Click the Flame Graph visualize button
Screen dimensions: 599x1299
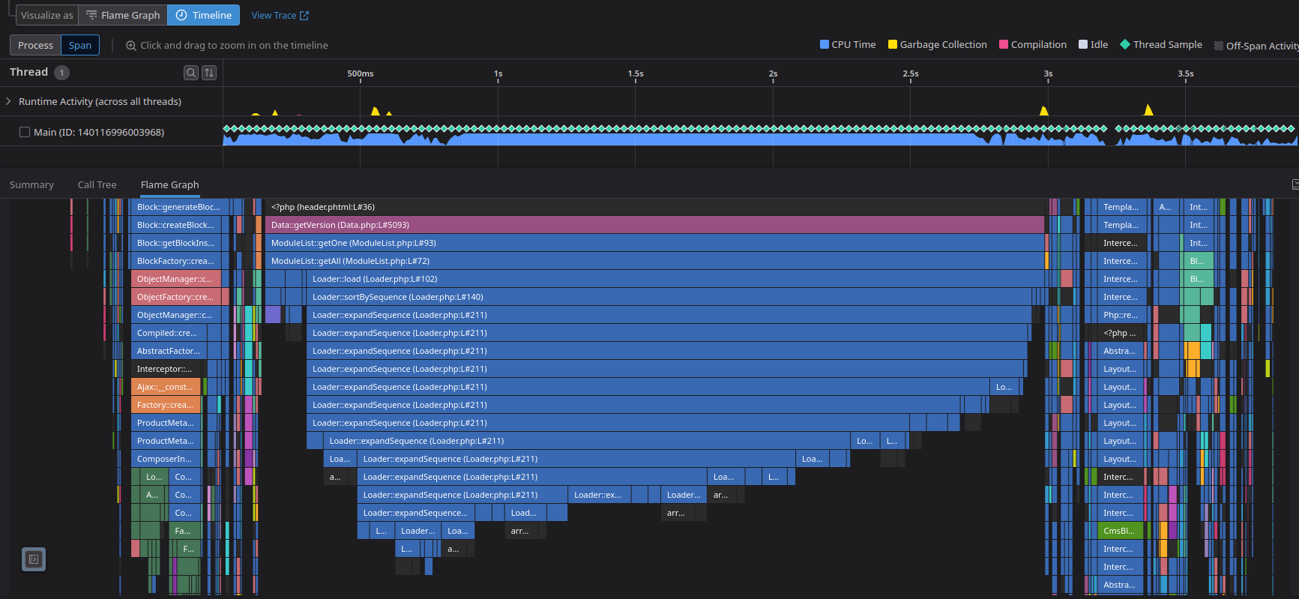click(123, 15)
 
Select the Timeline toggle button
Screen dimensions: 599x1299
click(204, 15)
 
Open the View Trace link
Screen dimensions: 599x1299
click(280, 15)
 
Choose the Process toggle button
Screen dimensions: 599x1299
click(35, 45)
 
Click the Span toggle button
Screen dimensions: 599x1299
click(80, 45)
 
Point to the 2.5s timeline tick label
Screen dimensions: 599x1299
click(910, 73)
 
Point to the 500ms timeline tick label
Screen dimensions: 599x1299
click(360, 73)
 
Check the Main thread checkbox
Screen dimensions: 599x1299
click(25, 132)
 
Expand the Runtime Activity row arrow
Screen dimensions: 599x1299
click(8, 101)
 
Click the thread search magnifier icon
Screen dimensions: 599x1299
click(191, 72)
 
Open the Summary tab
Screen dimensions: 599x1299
click(31, 184)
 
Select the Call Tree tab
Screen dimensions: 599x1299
click(97, 184)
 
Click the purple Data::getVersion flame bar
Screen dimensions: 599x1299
click(652, 225)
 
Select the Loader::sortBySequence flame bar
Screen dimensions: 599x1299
click(667, 297)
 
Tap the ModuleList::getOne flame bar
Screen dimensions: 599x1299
click(652, 243)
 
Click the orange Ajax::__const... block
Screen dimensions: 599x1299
click(165, 387)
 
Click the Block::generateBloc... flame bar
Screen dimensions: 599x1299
click(178, 207)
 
